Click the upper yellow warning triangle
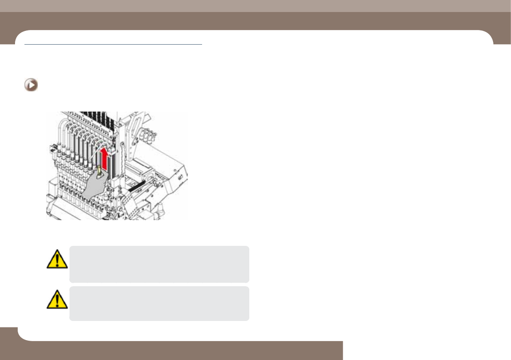[57, 259]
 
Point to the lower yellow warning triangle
[57, 299]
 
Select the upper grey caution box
[159, 264]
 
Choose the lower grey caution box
[159, 304]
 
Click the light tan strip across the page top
[255, 6]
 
